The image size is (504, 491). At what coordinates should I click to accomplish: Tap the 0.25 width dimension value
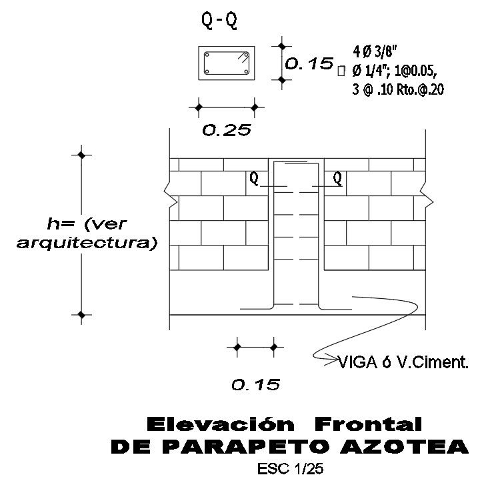click(x=226, y=131)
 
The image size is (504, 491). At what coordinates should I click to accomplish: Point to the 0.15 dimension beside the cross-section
click(x=309, y=64)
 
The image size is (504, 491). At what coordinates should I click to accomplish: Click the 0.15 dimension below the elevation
click(x=255, y=385)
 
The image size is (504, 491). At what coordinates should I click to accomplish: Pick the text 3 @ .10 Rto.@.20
click(x=397, y=90)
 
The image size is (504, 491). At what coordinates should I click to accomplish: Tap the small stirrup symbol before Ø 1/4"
click(x=341, y=69)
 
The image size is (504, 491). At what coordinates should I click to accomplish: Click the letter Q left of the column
click(x=254, y=178)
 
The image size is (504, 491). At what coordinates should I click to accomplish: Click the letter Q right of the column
click(x=337, y=178)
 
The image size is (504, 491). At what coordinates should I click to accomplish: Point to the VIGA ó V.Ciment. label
click(x=404, y=364)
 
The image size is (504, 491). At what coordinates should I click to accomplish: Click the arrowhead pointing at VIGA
click(x=333, y=362)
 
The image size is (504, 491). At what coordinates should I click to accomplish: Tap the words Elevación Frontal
click(x=283, y=424)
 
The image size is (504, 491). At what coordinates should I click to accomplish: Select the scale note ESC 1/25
click(x=289, y=469)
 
